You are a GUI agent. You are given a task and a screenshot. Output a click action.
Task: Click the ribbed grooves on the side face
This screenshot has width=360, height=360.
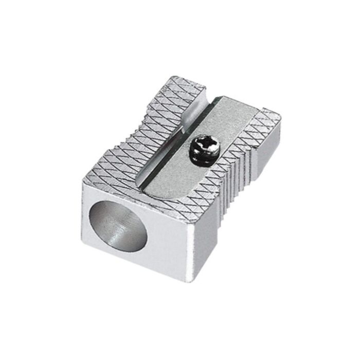tap(242, 180)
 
